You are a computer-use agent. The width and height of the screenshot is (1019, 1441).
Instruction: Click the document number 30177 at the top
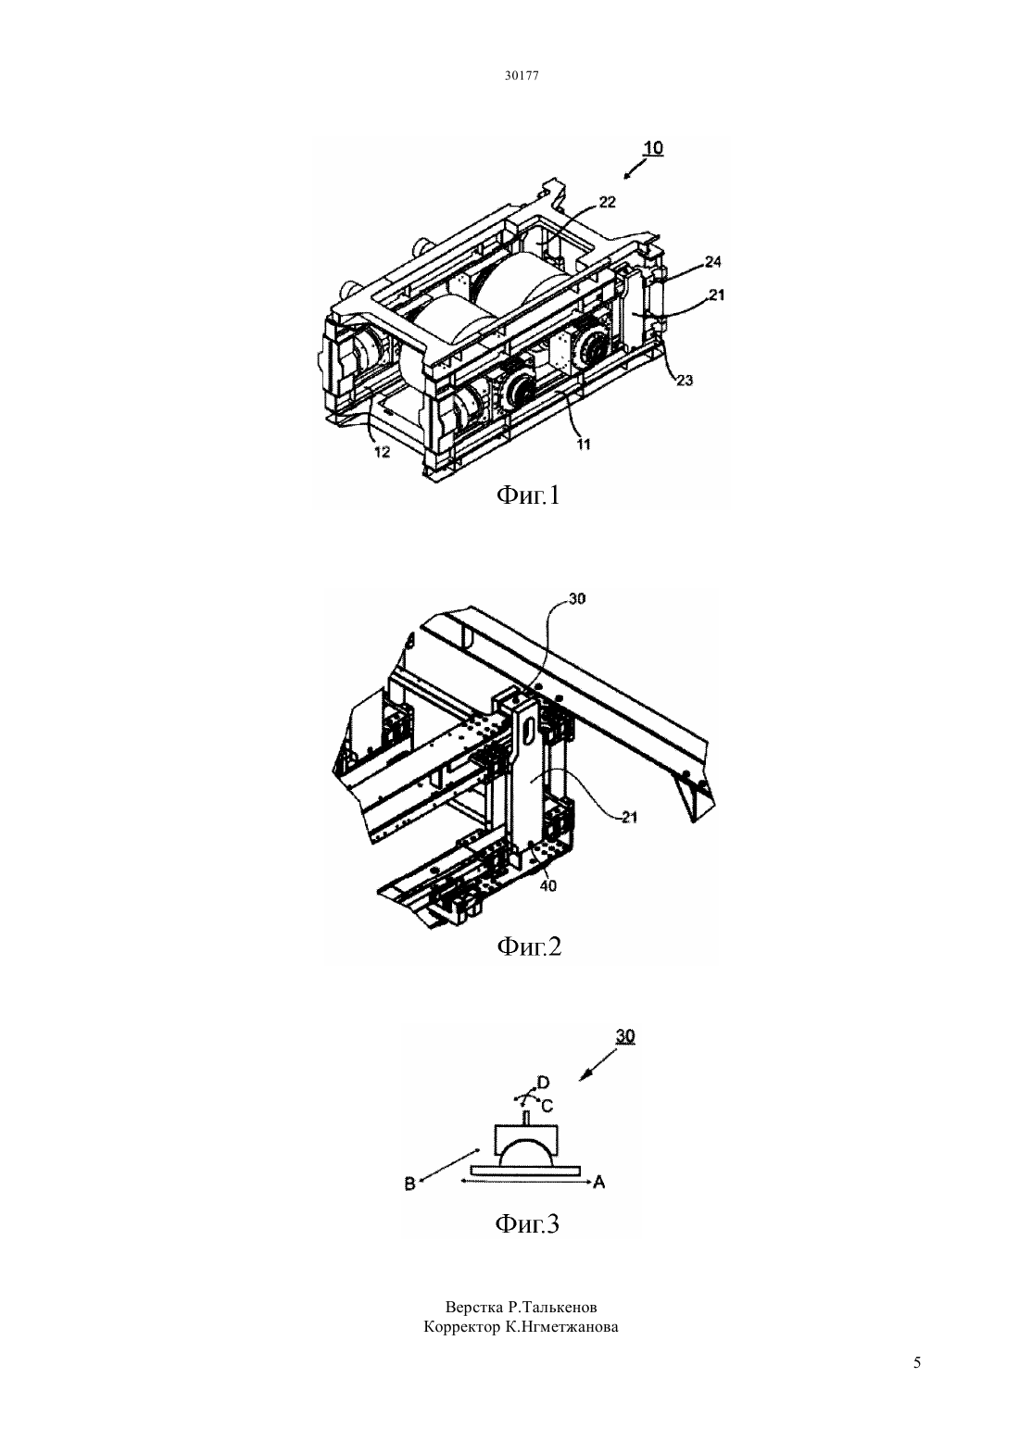point(522,75)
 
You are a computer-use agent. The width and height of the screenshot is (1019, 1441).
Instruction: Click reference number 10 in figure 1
point(653,147)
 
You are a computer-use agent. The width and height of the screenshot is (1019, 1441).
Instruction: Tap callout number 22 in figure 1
point(608,202)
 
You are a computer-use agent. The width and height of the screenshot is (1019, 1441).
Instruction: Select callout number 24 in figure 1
point(712,262)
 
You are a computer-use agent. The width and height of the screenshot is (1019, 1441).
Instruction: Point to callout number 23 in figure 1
point(685,381)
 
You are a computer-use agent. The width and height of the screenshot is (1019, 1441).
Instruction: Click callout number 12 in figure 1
point(382,452)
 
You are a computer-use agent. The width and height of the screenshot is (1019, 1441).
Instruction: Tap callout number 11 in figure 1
point(584,444)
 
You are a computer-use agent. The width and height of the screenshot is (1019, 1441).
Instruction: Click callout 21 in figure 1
point(717,295)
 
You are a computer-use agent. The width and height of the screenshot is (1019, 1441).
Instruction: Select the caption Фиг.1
point(528,495)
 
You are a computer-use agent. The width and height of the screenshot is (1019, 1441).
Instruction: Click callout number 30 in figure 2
point(577,598)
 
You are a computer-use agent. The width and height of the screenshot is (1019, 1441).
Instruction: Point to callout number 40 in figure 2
point(548,886)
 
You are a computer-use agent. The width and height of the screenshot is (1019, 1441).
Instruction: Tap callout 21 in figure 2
point(629,818)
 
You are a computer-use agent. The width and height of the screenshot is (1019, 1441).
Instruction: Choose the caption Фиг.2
point(529,946)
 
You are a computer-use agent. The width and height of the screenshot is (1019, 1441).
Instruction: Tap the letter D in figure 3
point(543,1082)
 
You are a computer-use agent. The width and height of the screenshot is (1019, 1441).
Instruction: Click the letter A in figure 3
point(599,1182)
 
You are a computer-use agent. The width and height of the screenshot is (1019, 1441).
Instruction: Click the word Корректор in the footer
point(460,1326)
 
